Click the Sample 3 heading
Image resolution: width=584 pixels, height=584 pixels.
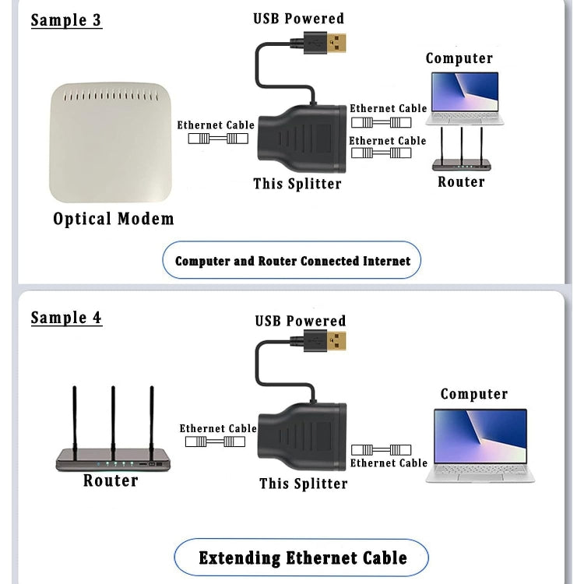coord(66,19)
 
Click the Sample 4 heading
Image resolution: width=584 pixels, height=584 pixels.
coord(66,318)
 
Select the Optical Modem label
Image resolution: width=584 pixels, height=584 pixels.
coord(114,219)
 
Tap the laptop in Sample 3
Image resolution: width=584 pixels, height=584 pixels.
coord(464,98)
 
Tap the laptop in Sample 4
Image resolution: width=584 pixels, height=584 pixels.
coord(480,445)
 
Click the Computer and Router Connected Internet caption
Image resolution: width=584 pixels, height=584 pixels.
coord(292,261)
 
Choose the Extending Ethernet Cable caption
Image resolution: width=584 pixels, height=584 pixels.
coord(302,558)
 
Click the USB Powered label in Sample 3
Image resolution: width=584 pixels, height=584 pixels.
coord(298,18)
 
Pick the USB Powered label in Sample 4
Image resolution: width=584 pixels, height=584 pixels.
coord(300,321)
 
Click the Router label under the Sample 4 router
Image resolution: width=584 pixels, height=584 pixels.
coord(111,480)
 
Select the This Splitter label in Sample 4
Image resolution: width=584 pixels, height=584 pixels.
coord(303,484)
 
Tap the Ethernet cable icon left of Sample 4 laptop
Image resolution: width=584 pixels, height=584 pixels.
coord(381,449)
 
